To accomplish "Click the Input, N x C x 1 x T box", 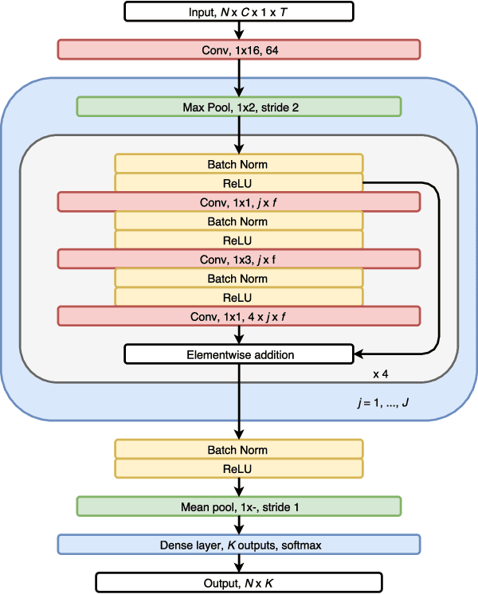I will tap(238, 11).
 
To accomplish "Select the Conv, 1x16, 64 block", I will tap(238, 49).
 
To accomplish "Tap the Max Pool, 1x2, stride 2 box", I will tap(238, 107).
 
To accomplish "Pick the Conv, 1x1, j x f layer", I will tap(238, 202).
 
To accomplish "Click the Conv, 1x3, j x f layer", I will tap(238, 259).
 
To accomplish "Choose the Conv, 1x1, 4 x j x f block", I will tap(238, 316).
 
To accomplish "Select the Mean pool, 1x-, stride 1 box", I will tap(238, 506).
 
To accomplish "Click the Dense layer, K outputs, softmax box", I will tap(238, 545).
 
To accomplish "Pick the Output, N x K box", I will tap(238, 582).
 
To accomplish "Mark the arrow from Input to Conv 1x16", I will tap(238, 30).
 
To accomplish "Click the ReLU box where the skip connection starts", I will tap(238, 183).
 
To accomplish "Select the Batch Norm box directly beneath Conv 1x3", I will tap(238, 278).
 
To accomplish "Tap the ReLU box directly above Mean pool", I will tap(238, 469).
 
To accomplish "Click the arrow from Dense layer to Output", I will tap(238, 564).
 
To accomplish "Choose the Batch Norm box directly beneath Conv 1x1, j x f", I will tap(238, 221).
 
